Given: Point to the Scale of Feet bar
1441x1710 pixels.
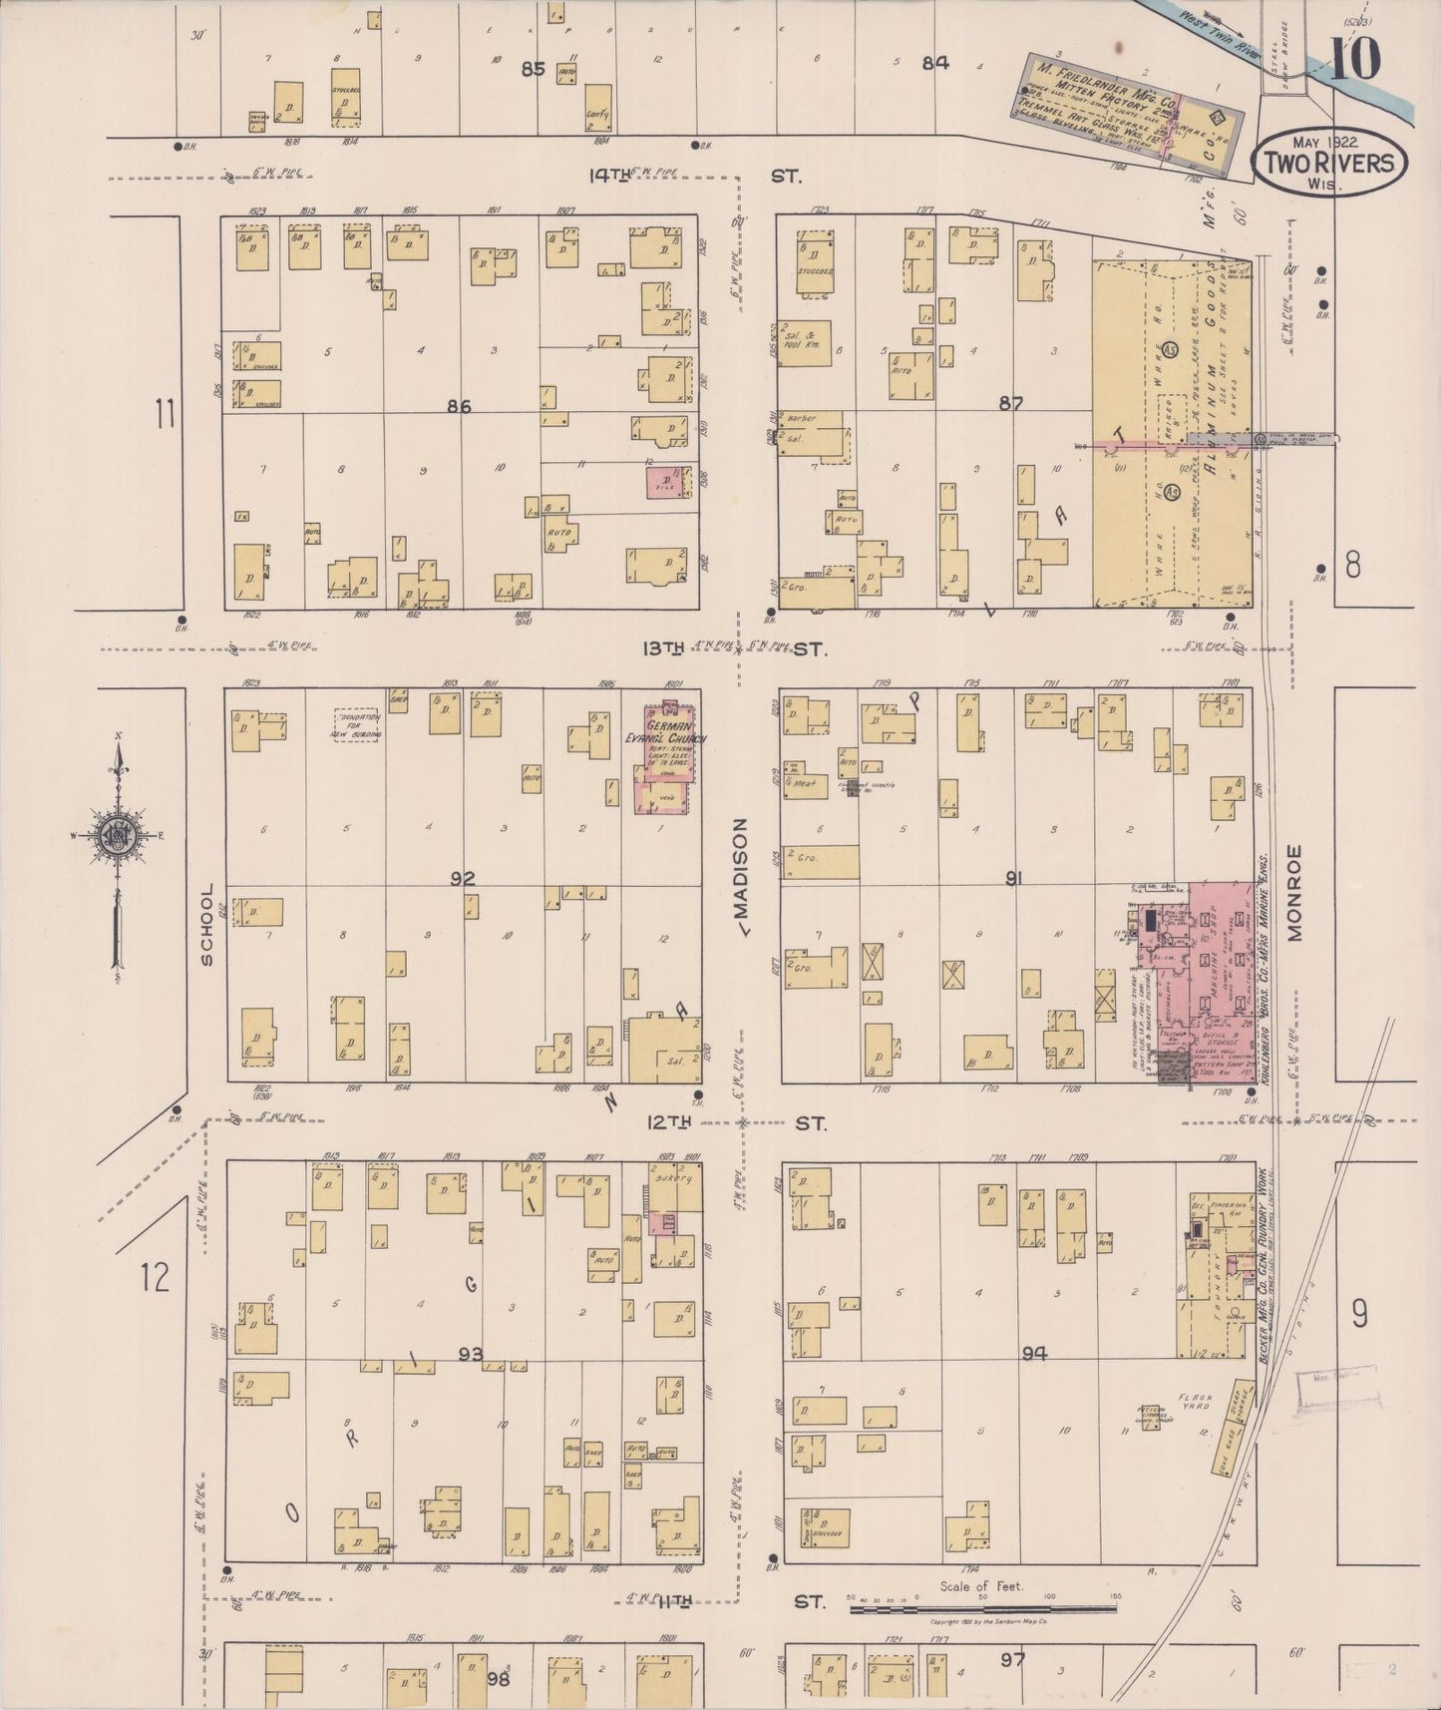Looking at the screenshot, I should click(x=982, y=1608).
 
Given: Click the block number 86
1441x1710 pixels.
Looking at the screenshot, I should click(x=459, y=406).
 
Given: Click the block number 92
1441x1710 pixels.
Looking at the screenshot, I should click(x=462, y=879).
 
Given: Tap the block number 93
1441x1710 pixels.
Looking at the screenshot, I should click(x=471, y=1354).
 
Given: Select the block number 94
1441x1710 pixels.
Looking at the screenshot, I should click(x=1034, y=1354).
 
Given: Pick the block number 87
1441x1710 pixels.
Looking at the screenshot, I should click(x=1011, y=403).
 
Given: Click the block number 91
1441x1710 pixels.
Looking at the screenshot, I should click(x=1015, y=879).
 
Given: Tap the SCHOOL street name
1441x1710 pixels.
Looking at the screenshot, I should click(x=207, y=924).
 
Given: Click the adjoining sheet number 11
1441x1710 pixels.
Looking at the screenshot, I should click(x=165, y=412).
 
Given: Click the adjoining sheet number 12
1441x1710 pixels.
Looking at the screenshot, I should click(x=155, y=1276).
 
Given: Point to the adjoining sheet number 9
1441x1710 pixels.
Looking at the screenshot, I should click(x=1359, y=1316).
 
